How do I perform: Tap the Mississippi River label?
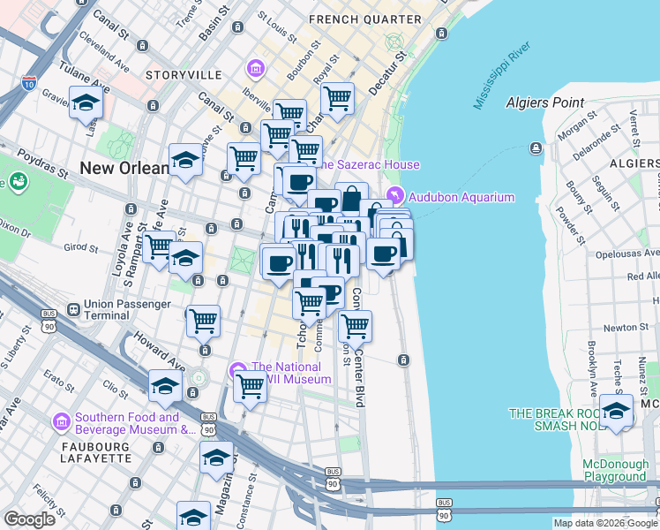[502, 86]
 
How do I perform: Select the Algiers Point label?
[545, 102]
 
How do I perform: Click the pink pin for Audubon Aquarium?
[394, 196]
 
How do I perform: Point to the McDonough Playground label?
[614, 471]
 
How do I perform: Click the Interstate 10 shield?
[28, 84]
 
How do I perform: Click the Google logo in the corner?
[29, 519]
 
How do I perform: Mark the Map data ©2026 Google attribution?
[605, 523]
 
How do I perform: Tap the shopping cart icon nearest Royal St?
[336, 97]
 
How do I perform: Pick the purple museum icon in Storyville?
[256, 68]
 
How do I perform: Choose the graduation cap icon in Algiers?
[617, 410]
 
